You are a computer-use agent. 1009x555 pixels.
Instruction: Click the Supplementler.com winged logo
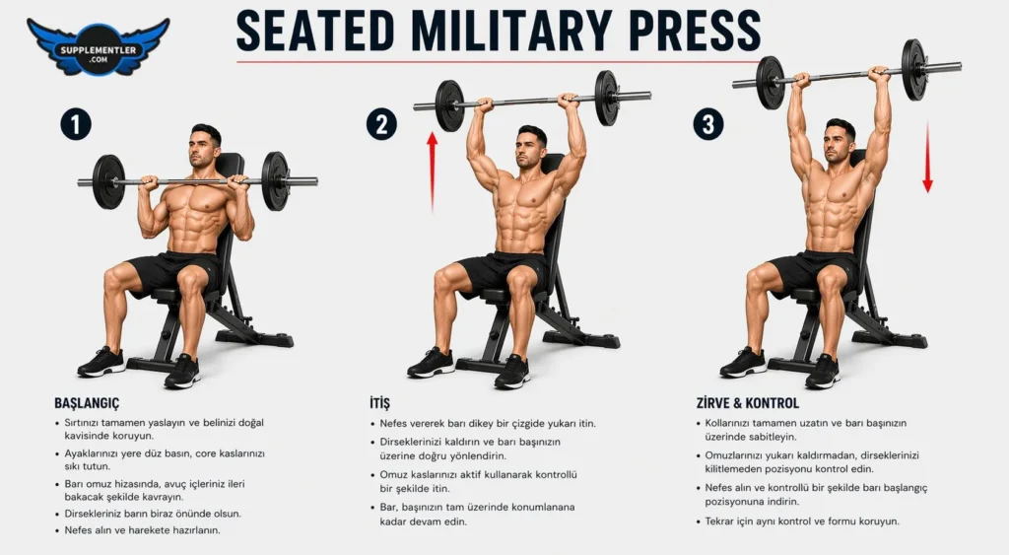click(99, 46)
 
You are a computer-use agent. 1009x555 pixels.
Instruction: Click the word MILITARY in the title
click(512, 30)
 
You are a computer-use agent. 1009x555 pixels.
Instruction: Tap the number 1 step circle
click(76, 124)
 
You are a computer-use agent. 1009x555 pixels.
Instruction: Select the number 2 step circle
click(381, 124)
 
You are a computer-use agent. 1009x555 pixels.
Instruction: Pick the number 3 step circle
click(708, 124)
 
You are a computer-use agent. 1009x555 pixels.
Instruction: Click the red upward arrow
click(433, 172)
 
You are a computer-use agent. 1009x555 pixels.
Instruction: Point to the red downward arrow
click(927, 158)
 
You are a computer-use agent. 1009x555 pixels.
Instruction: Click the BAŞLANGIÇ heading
click(87, 403)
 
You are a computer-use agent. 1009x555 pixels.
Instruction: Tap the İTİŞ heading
click(379, 403)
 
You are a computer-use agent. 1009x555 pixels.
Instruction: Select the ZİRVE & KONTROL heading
click(748, 403)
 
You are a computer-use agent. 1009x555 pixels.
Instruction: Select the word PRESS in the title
click(695, 30)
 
